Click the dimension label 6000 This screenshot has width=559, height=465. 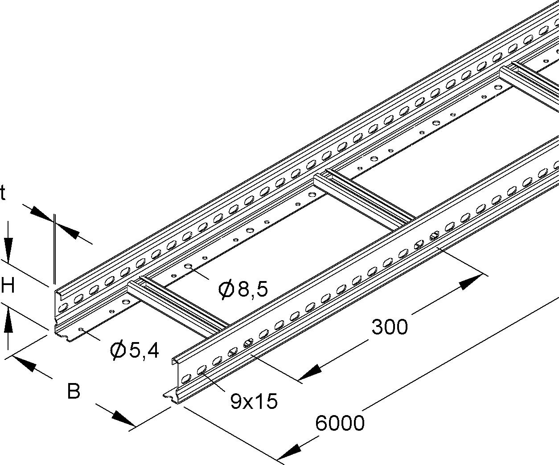coord(340,423)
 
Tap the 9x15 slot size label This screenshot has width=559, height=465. coord(254,401)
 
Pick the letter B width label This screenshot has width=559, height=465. coord(74,392)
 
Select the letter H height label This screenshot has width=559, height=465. coord(8,286)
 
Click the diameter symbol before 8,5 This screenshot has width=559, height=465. coord(226,290)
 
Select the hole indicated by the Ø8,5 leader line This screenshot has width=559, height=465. coord(189,267)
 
